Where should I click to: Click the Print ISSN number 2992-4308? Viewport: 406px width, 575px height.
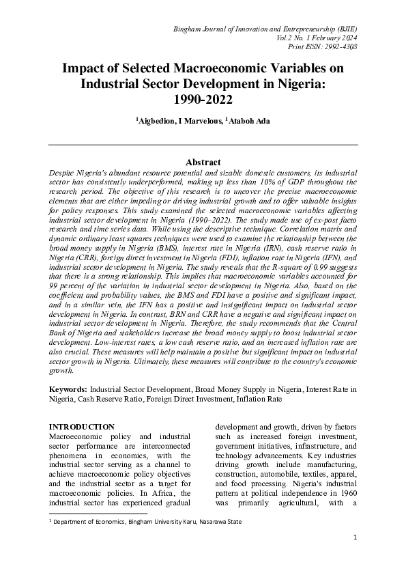(338, 46)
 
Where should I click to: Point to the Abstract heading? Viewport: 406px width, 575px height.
(203, 163)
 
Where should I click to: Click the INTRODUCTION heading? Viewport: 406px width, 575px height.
(82, 427)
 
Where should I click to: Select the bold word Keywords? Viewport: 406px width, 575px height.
(68, 389)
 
